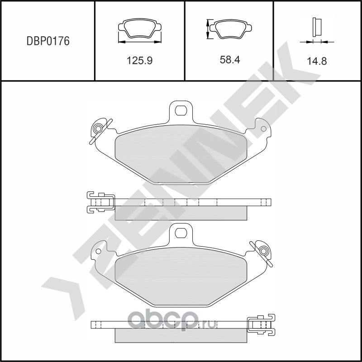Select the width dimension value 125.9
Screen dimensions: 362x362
(x=139, y=60)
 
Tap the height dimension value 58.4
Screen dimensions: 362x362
(x=229, y=60)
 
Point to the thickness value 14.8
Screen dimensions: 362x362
(x=317, y=61)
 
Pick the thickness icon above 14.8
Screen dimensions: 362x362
(x=317, y=30)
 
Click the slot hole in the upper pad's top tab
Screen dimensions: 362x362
(x=181, y=110)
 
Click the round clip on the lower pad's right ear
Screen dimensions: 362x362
(x=263, y=251)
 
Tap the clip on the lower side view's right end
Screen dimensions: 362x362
(x=261, y=324)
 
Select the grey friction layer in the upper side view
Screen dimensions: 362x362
(x=181, y=213)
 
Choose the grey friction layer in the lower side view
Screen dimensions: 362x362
(x=181, y=335)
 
